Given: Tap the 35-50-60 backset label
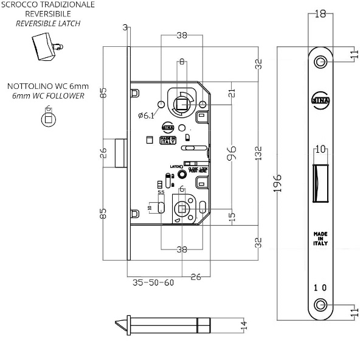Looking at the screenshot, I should pos(153,282).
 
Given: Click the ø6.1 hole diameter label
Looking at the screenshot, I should pos(147,115).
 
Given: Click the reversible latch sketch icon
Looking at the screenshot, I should pos(43,47).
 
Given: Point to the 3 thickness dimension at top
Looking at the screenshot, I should pos(125,27).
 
